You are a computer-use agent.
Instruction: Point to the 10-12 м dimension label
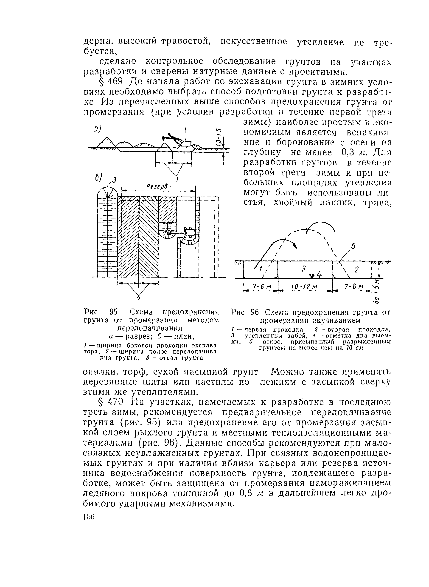[x=304, y=287]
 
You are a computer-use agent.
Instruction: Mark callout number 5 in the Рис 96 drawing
[x=353, y=246]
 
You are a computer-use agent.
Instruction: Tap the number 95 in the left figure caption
[x=114, y=312]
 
